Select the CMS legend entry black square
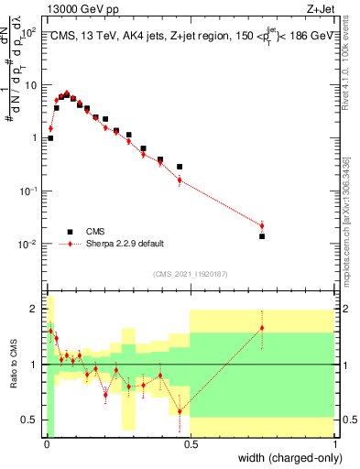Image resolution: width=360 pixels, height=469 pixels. (x=69, y=232)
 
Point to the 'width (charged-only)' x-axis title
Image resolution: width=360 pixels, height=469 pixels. (x=285, y=458)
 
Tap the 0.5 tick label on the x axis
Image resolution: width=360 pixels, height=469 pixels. (x=191, y=445)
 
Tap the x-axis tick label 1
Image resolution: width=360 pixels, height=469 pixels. (x=335, y=445)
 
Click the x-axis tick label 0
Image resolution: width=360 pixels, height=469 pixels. (x=47, y=445)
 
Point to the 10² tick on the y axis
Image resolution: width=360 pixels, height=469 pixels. (x=29, y=32)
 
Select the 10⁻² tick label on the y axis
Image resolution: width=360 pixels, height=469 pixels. (x=29, y=245)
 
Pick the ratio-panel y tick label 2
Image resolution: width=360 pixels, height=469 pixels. (x=36, y=309)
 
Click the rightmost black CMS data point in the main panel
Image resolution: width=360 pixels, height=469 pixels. (x=262, y=236)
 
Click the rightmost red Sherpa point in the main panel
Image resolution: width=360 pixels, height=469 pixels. (x=262, y=225)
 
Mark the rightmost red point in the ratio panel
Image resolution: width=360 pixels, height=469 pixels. (x=262, y=328)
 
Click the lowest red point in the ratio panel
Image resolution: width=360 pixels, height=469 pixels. (x=180, y=410)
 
